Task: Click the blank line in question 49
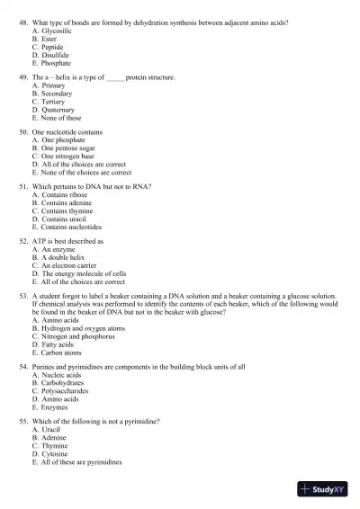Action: click(x=116, y=79)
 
